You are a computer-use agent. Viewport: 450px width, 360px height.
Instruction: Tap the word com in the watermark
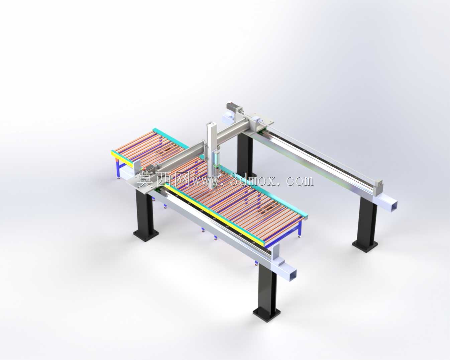click(x=299, y=181)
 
